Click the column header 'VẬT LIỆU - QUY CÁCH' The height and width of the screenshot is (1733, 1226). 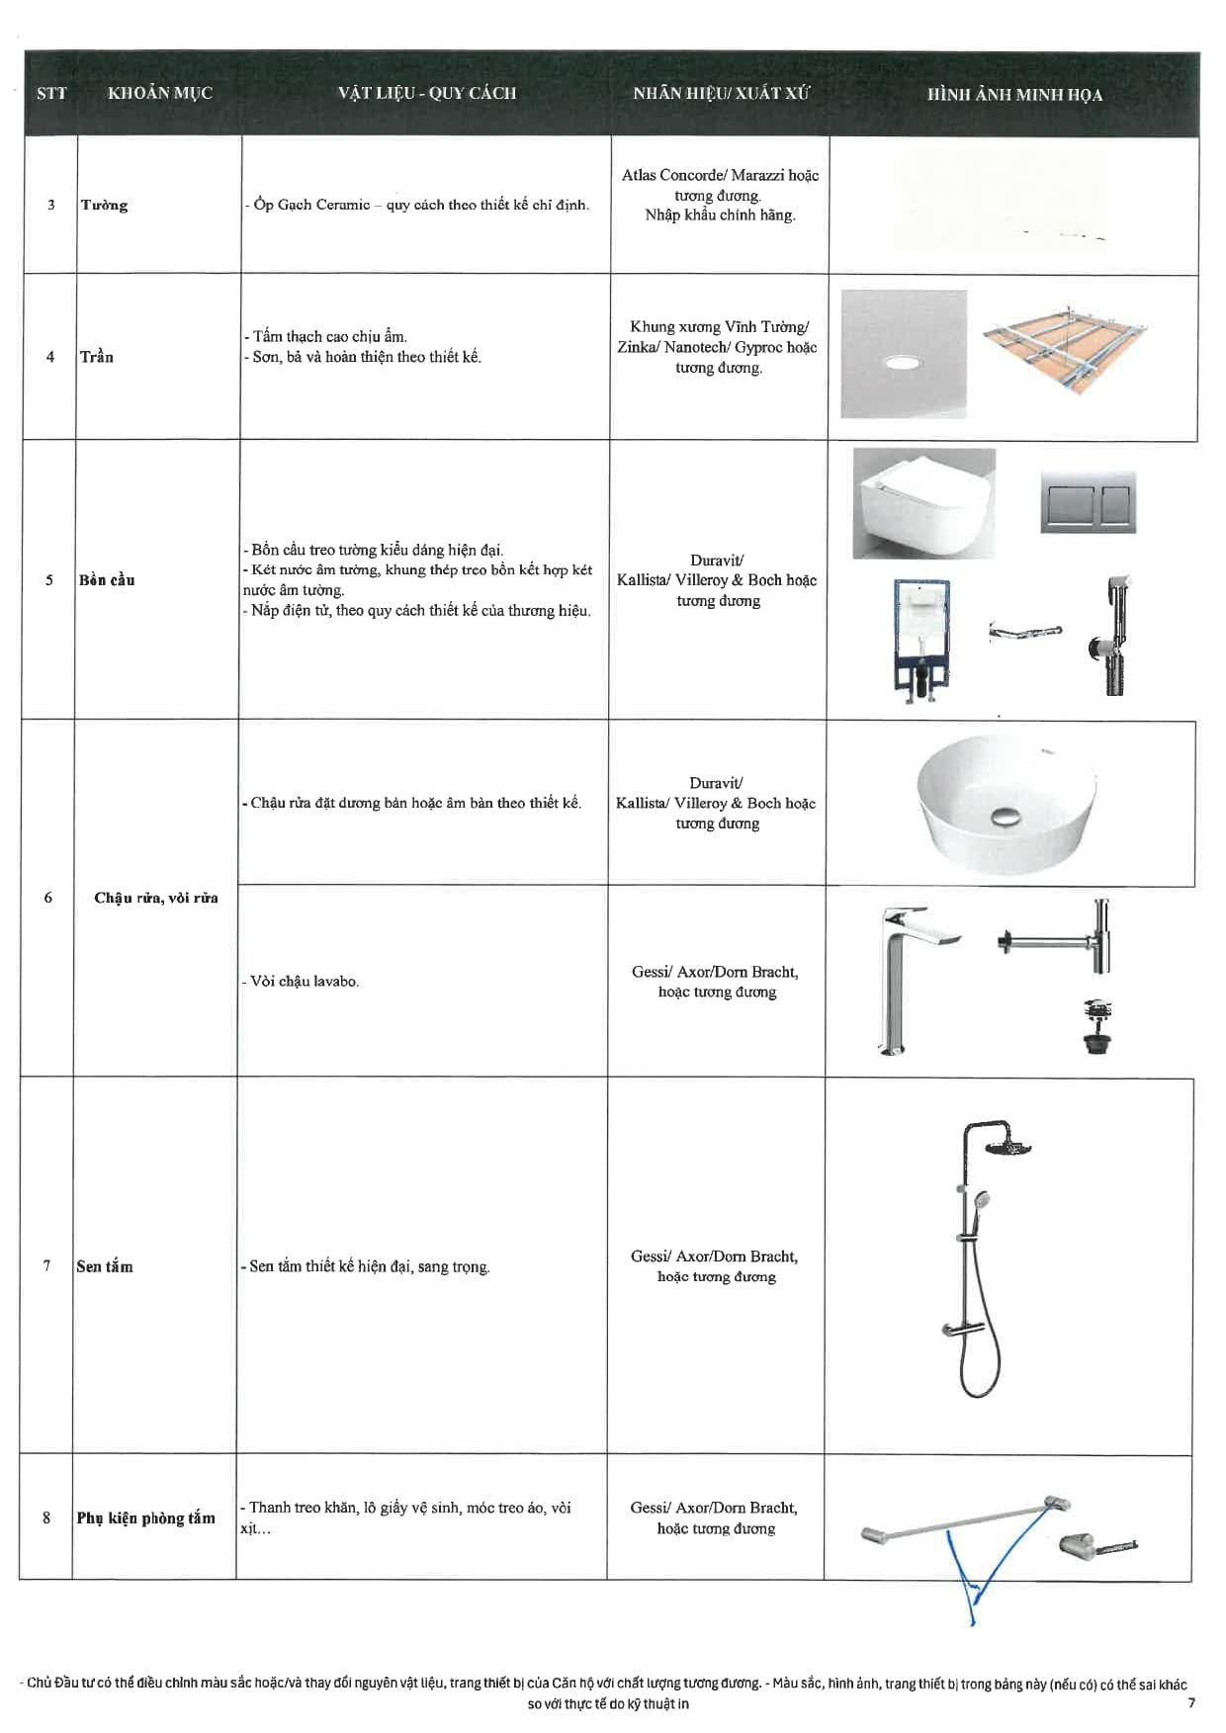(x=426, y=94)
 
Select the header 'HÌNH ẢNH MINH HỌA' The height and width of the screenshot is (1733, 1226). (x=1014, y=96)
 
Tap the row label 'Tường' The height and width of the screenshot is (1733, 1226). (x=105, y=206)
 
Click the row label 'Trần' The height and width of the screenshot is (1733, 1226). (x=97, y=357)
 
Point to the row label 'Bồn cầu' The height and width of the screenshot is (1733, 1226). (x=107, y=580)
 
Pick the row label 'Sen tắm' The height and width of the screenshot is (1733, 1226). (x=105, y=1266)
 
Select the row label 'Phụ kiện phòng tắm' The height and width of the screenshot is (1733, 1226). (x=146, y=1518)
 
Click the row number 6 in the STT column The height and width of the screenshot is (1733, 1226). (x=47, y=898)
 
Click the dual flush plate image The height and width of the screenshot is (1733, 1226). (x=1088, y=503)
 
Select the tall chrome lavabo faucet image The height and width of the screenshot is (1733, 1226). (x=907, y=979)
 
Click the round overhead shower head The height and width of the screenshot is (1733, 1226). (x=1008, y=1147)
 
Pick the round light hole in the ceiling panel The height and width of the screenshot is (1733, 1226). (x=902, y=365)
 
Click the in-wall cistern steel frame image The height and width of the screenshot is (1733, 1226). (x=921, y=642)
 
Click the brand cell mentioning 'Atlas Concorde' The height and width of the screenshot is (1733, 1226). (x=720, y=196)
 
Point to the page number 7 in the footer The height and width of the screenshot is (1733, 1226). (x=1190, y=1702)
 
